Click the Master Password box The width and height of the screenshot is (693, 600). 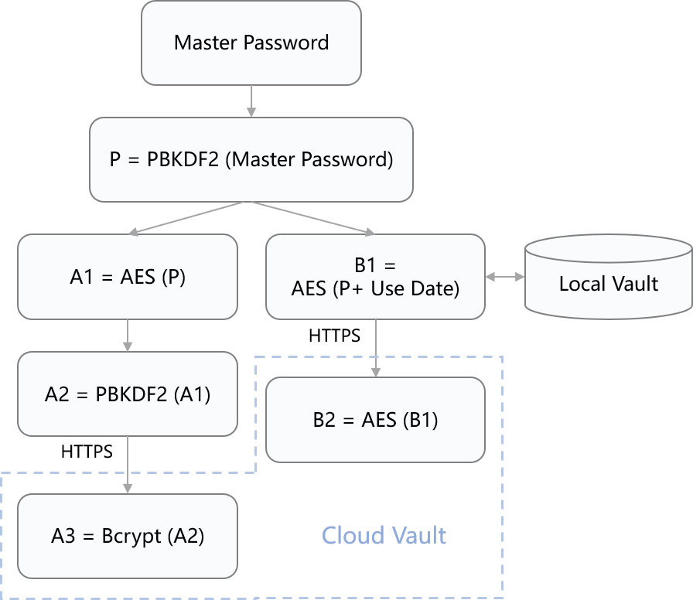(251, 43)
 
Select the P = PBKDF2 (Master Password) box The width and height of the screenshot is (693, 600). (251, 159)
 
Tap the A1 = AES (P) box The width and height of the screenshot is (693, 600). (128, 277)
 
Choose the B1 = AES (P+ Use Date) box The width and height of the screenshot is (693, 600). (375, 277)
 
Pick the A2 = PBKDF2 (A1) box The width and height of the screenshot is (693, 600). (128, 394)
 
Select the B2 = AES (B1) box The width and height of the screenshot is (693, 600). (375, 420)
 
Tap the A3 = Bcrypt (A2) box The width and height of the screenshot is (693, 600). (128, 536)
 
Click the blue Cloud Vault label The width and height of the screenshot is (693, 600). (384, 535)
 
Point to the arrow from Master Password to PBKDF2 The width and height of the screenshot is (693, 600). (251, 101)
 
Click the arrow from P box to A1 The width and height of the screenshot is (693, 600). (189, 217)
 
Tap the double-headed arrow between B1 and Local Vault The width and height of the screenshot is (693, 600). (505, 276)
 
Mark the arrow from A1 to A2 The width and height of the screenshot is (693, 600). (128, 335)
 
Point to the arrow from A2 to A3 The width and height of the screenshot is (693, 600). (128, 464)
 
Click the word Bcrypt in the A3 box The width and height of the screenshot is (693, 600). (131, 536)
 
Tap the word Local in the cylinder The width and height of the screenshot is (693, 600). (581, 283)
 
